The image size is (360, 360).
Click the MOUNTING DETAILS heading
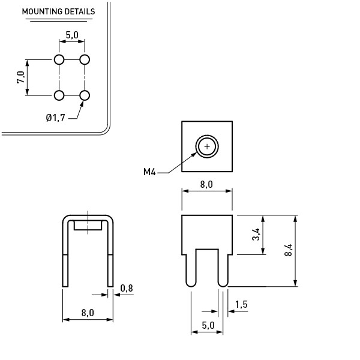(x=58, y=11)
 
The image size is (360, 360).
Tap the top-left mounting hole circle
(x=59, y=59)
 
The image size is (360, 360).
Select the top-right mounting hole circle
(x=85, y=59)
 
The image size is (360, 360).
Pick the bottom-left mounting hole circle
(x=59, y=95)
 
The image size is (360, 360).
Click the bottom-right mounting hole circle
(x=85, y=95)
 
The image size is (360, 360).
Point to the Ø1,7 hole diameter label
(x=55, y=118)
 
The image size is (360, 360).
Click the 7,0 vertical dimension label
(x=20, y=77)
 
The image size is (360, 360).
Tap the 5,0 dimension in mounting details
(x=72, y=35)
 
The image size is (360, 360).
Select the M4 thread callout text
(x=149, y=172)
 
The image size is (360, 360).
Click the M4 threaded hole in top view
(x=207, y=146)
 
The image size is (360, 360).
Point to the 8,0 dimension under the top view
(x=206, y=184)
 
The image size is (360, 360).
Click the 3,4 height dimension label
(x=256, y=235)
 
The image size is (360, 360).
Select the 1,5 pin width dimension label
(x=241, y=305)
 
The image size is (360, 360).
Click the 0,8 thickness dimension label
(x=127, y=289)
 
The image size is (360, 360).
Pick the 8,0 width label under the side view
(x=88, y=313)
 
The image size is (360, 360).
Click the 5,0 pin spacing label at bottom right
(x=208, y=325)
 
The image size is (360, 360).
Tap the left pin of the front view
(x=191, y=267)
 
